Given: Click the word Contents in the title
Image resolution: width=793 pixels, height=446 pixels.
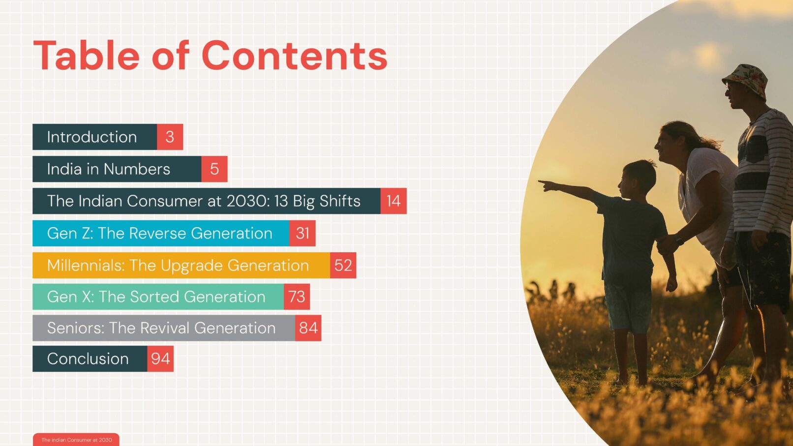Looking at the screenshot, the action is click(x=294, y=56).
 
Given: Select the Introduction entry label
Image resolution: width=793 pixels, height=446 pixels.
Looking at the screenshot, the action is click(x=91, y=137).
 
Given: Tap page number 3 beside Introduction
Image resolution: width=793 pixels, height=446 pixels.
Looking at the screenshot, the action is click(x=170, y=137).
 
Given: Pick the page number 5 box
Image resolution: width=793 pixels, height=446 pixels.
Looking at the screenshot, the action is click(x=214, y=169).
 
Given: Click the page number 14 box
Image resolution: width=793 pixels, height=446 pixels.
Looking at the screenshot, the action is click(x=394, y=201).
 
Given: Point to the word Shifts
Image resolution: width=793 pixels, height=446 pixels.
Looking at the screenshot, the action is click(x=340, y=201).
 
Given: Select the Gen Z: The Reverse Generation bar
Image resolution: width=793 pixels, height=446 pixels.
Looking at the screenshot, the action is click(x=161, y=233).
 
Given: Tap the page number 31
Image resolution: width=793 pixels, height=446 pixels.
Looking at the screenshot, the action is click(x=303, y=233).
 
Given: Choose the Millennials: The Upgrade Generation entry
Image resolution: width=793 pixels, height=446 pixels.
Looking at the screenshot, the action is click(x=181, y=266).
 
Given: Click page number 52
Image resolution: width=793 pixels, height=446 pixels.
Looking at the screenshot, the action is click(x=343, y=266).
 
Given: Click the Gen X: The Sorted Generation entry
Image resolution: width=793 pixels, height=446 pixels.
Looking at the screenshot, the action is click(x=158, y=297).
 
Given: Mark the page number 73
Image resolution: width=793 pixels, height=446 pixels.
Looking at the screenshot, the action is click(x=297, y=297).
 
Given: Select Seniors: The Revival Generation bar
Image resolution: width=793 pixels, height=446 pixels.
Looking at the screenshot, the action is click(x=163, y=328).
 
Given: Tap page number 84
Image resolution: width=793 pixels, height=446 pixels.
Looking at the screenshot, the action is click(x=308, y=328).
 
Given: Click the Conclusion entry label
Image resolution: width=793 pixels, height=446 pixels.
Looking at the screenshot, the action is click(x=88, y=359).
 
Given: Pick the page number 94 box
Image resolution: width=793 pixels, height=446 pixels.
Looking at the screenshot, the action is click(x=160, y=359).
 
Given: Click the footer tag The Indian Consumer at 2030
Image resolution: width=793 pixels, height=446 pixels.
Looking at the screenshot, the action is click(x=76, y=440).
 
